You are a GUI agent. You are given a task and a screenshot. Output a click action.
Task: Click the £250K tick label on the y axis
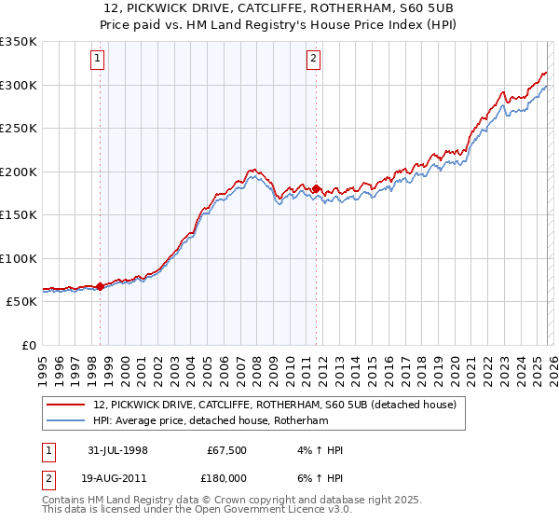pos(19,129)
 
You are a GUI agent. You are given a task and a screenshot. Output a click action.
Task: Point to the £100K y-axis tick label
pos(19,259)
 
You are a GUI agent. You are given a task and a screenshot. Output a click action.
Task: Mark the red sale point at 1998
pos(101,287)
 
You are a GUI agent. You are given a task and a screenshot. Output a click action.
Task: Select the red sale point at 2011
pos(316,189)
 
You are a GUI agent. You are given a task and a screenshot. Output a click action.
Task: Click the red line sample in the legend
pos(66,405)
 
